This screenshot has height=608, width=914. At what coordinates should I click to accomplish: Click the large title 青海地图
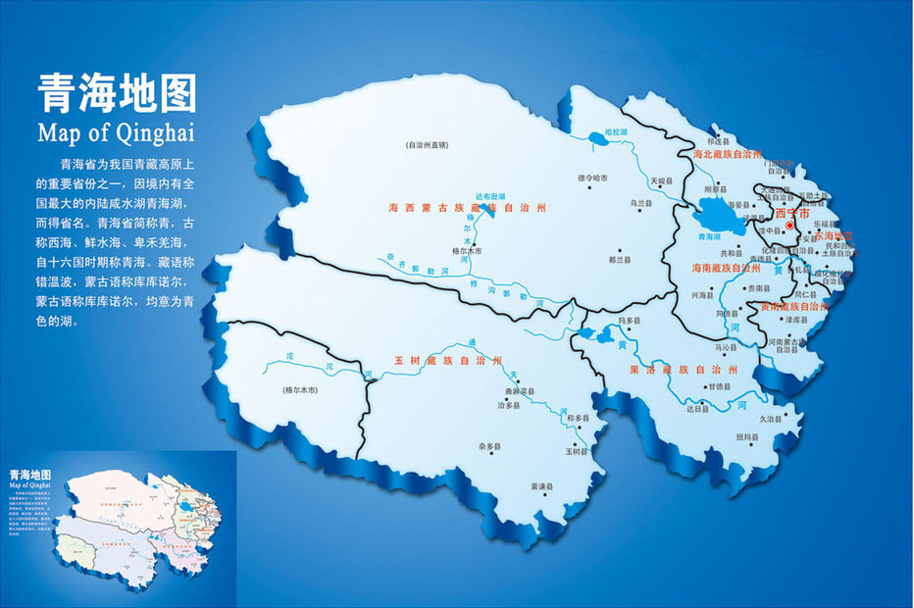(x=117, y=95)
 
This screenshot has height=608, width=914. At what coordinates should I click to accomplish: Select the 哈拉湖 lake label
(x=615, y=130)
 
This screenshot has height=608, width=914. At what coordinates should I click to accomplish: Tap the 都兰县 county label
(x=618, y=260)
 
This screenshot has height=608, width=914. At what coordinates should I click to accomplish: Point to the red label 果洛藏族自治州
(x=684, y=369)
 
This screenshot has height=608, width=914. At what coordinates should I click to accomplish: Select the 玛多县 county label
(x=629, y=321)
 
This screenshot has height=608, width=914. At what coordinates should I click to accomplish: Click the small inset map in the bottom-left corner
(x=118, y=529)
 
